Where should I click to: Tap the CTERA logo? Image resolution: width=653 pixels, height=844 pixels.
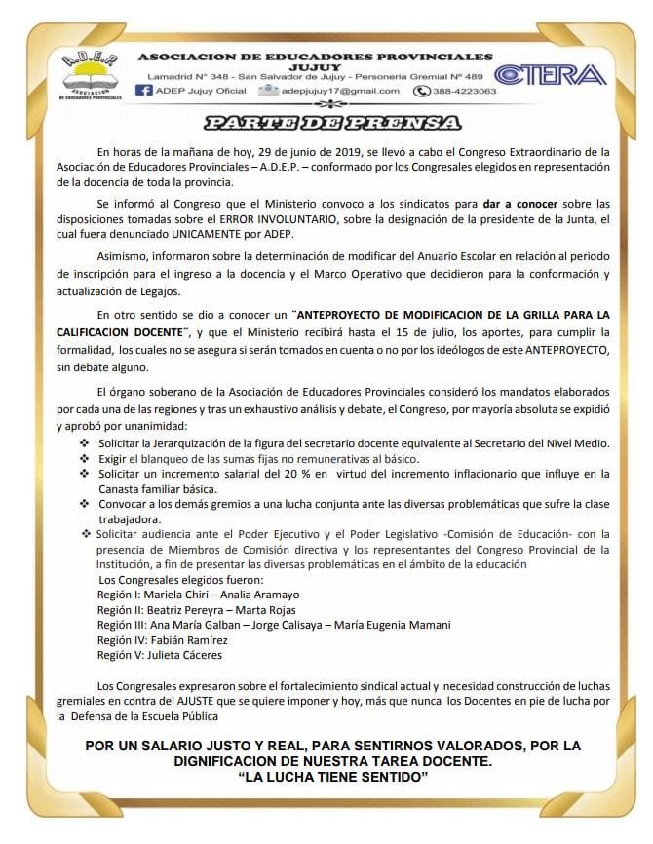[x=551, y=75]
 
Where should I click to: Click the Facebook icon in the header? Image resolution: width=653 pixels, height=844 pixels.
[x=143, y=91]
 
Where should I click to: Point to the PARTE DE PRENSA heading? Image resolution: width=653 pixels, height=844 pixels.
[x=331, y=123]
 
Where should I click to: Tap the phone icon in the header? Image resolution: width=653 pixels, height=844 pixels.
[x=422, y=91]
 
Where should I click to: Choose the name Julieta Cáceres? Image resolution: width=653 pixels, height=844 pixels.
[x=188, y=656]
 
